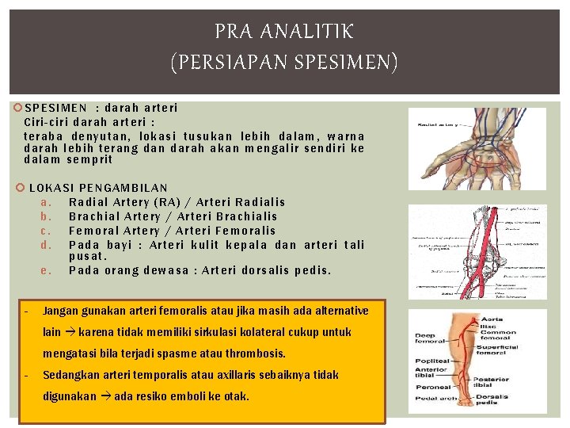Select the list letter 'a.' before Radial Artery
pyautogui.click(x=46, y=202)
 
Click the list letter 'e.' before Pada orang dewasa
pyautogui.click(x=46, y=270)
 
